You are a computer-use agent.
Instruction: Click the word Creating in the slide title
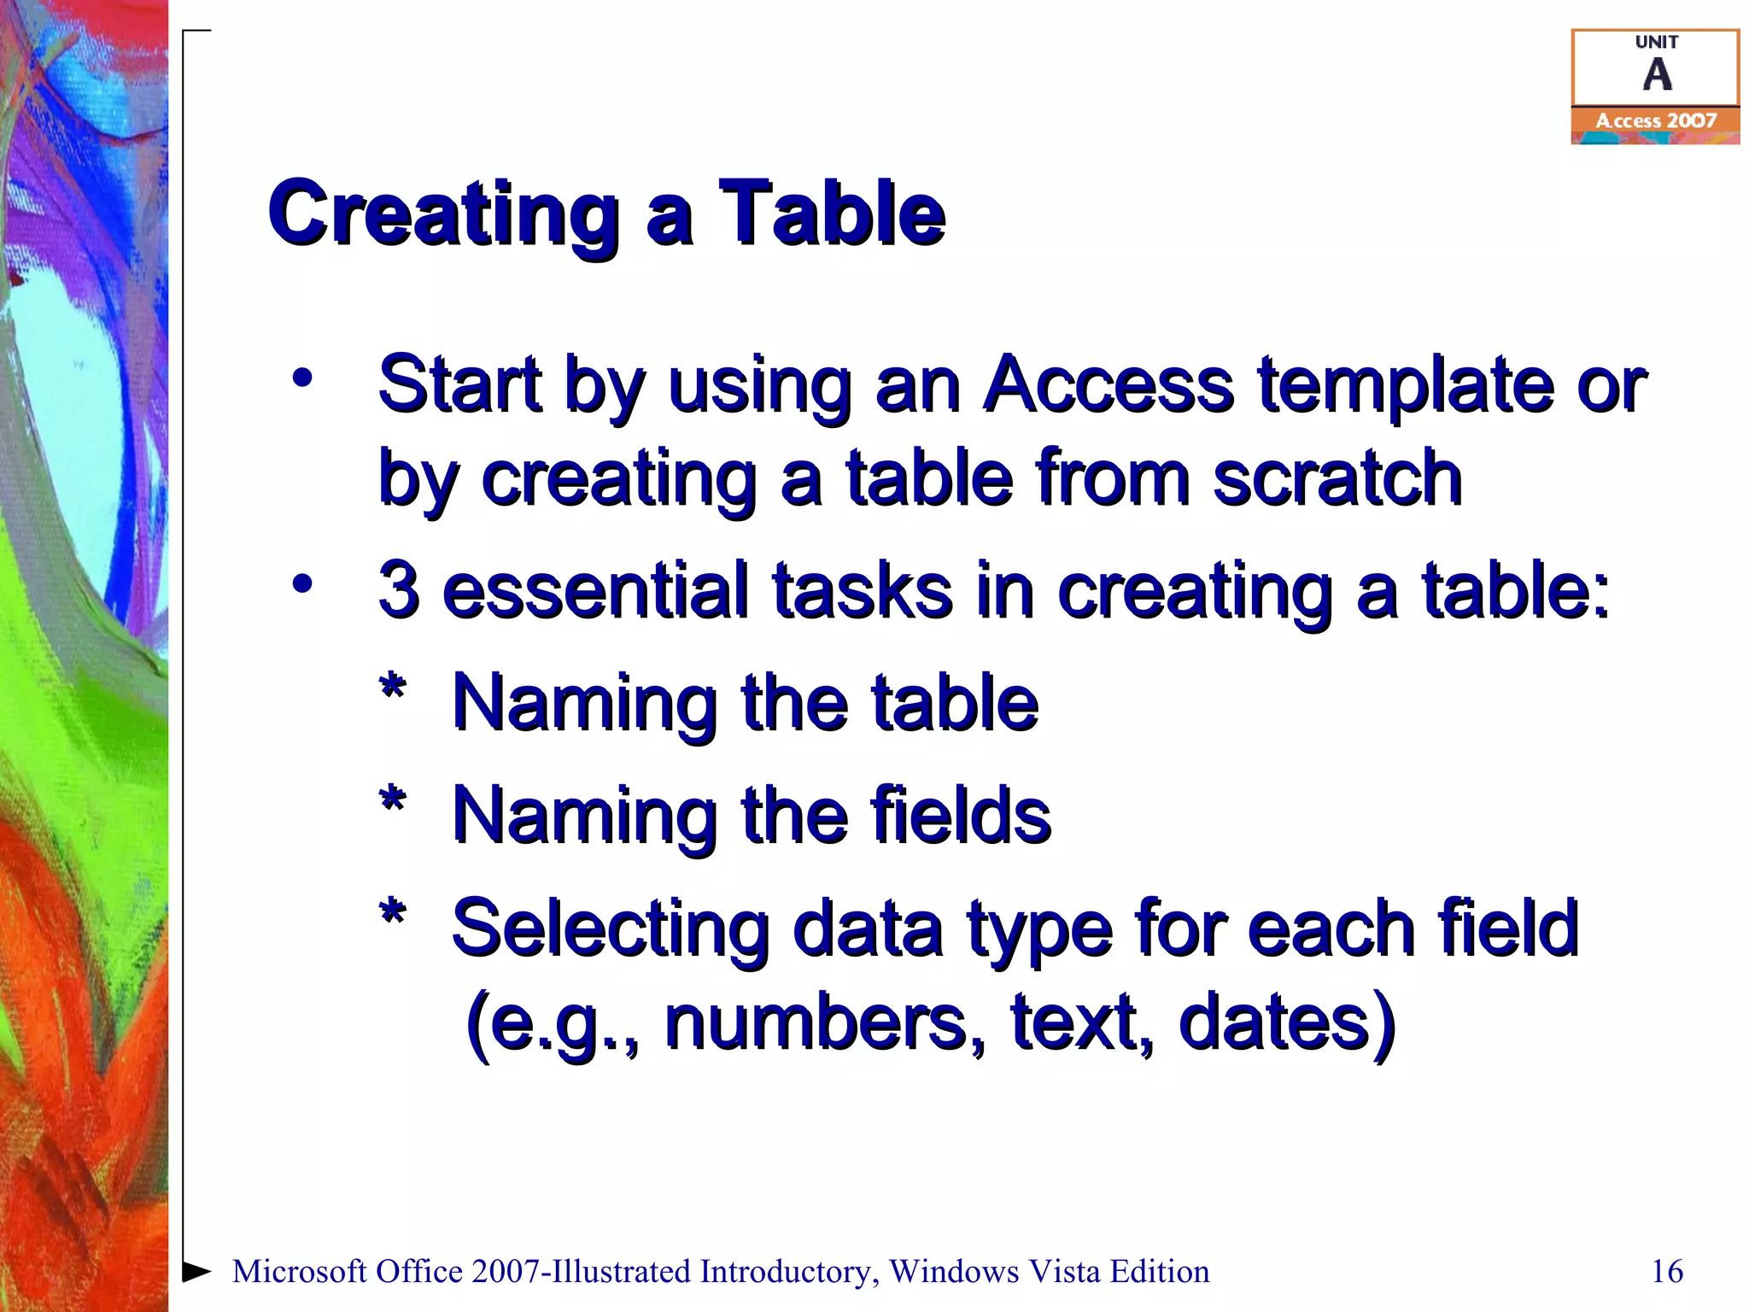[x=443, y=214]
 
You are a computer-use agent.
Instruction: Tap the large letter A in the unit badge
[x=1657, y=75]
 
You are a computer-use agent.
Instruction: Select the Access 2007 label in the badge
[x=1656, y=121]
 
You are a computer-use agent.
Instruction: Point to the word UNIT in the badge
[x=1657, y=42]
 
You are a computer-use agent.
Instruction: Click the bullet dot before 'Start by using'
[x=302, y=378]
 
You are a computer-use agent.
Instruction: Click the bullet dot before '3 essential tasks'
[x=302, y=584]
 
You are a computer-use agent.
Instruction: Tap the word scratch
[x=1337, y=478]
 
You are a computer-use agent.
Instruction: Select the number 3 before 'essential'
[x=399, y=589]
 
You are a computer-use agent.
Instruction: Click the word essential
[x=595, y=589]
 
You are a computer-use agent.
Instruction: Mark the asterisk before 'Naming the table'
[x=392, y=688]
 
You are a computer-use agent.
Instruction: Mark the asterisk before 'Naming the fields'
[x=392, y=801]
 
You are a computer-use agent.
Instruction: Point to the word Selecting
[x=610, y=929]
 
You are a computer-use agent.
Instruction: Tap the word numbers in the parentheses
[x=822, y=1022]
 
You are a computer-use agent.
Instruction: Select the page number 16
[x=1667, y=1271]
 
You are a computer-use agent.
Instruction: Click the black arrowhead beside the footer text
[x=196, y=1270]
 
